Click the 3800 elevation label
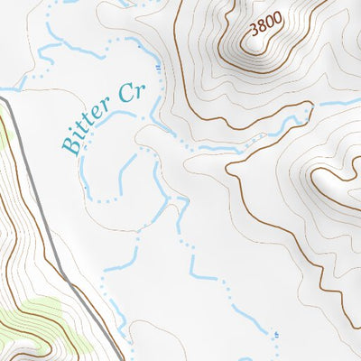[265, 26]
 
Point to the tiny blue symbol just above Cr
[160, 67]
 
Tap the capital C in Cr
[125, 95]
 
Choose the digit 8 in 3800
[262, 28]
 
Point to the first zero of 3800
[269, 25]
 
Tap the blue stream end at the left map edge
[5, 88]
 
